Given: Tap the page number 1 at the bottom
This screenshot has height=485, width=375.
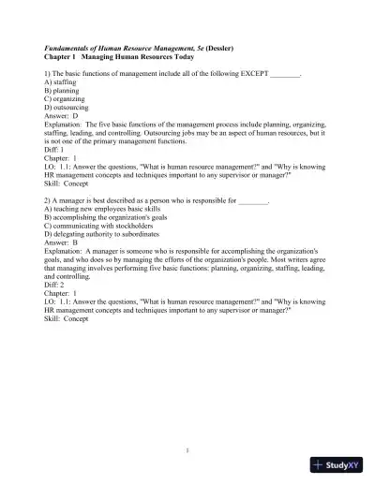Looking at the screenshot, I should [x=187, y=451].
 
